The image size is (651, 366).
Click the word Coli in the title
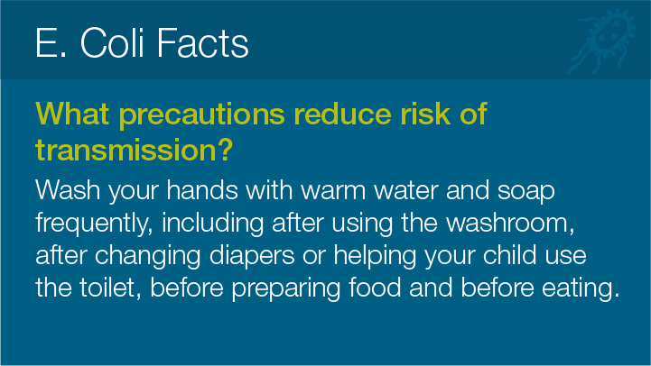point(112,42)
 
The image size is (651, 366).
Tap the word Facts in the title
point(202,42)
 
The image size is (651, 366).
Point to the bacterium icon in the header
point(602,41)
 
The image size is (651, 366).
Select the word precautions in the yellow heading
point(201,114)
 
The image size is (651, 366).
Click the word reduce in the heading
point(342,114)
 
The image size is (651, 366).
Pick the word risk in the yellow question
point(425,114)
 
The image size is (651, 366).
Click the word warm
point(333,190)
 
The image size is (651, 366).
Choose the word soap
point(526,192)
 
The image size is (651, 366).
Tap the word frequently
point(90,224)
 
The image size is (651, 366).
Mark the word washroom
point(508,223)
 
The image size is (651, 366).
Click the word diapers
point(252,256)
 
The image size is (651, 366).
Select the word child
point(509,254)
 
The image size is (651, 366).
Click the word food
point(375,287)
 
